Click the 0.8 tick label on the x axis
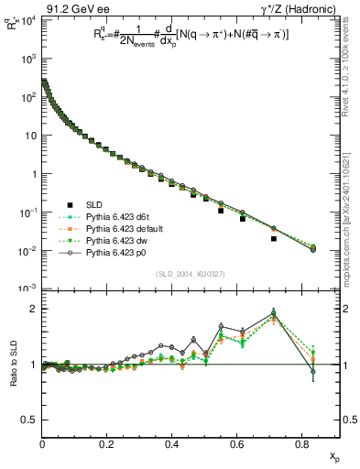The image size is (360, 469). pyautogui.click(x=302, y=444)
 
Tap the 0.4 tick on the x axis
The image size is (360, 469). pyautogui.click(x=172, y=444)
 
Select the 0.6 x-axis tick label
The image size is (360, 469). pyautogui.click(x=237, y=444)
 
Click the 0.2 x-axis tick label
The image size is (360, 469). pyautogui.click(x=107, y=444)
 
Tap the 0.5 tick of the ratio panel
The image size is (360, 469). pyautogui.click(x=28, y=420)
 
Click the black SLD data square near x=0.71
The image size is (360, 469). pyautogui.click(x=274, y=238)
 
